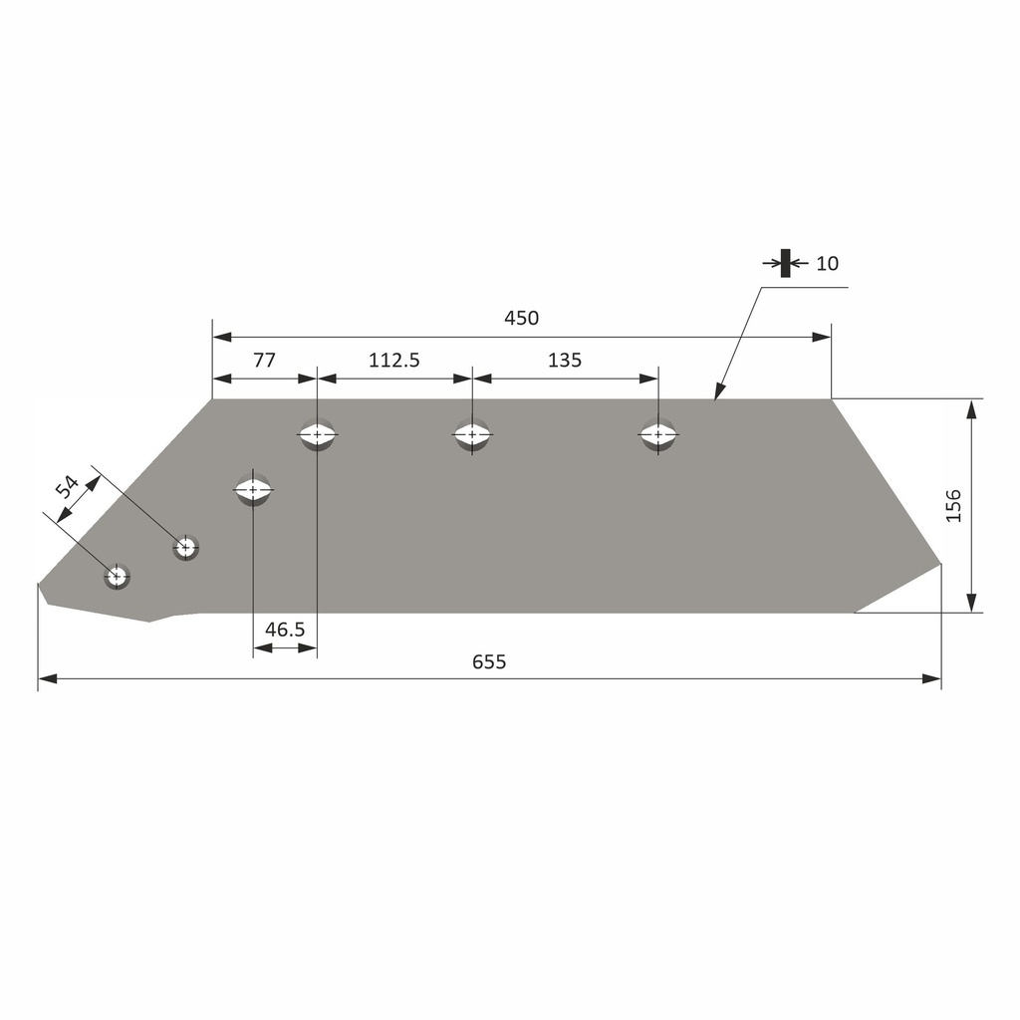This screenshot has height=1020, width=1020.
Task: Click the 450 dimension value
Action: (521, 318)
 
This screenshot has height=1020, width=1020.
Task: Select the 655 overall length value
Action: (489, 661)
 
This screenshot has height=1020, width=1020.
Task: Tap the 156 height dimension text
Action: (953, 506)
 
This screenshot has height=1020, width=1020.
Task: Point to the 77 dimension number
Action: (264, 361)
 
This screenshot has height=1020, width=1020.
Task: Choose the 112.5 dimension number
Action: (394, 361)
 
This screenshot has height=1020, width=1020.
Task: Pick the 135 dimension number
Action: (564, 361)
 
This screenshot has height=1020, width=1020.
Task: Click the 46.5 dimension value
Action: (285, 630)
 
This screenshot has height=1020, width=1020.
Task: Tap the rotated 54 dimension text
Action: (67, 487)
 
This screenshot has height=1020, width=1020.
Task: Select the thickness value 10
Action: (827, 264)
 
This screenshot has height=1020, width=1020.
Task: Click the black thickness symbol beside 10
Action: (785, 263)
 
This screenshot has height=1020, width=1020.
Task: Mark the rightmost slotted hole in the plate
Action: (657, 435)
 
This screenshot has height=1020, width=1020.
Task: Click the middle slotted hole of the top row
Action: (472, 435)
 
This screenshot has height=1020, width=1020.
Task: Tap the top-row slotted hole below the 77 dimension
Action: (317, 435)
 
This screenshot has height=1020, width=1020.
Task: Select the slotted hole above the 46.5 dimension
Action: (253, 489)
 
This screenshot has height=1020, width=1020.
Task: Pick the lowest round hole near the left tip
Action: (118, 576)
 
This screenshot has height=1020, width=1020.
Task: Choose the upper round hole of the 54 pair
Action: (185, 547)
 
